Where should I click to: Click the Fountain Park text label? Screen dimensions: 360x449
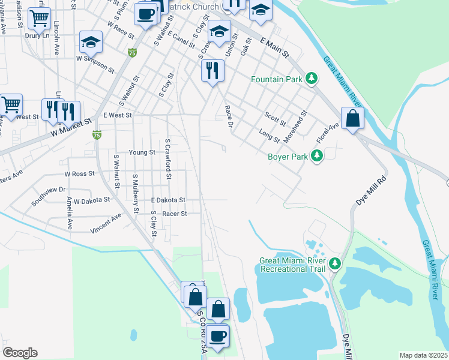pos(277,79)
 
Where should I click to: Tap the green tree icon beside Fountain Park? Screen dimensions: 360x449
pos(311,79)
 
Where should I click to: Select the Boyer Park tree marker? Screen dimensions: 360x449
pos(317,157)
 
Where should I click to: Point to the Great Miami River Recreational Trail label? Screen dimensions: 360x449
pos(293,265)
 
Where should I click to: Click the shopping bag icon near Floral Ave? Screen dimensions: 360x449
pos(352,118)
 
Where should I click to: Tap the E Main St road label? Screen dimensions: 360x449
pos(276,47)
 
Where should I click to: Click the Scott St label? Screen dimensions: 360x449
pos(276,119)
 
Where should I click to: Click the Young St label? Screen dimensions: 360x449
pos(142,152)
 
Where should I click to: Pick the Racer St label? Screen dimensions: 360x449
pos(175,213)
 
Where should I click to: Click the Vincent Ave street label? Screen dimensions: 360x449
pos(106,226)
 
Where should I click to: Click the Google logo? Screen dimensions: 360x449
pos(20,352)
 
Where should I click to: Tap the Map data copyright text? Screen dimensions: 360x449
pos(423,355)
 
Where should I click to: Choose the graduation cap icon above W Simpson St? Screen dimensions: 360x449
pos(91,41)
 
